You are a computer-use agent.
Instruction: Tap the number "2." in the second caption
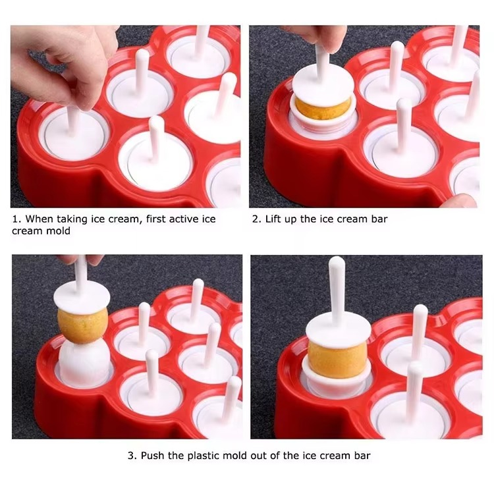[257, 219]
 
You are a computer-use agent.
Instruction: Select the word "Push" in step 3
[152, 456]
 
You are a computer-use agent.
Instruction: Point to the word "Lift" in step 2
[273, 219]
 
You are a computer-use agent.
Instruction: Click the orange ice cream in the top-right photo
[323, 108]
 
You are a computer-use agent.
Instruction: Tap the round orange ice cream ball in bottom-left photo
[82, 325]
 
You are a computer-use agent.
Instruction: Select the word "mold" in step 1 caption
[58, 231]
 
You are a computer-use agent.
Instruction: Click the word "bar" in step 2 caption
[379, 219]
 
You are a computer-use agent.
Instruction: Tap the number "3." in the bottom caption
[132, 456]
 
